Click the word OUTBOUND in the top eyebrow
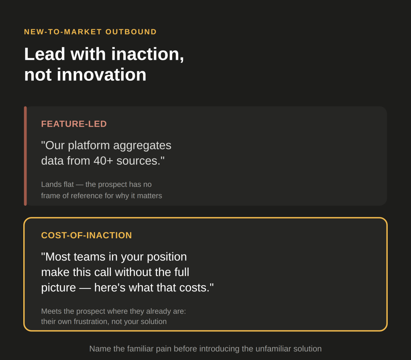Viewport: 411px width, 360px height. click(x=131, y=32)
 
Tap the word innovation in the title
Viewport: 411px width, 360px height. click(x=102, y=75)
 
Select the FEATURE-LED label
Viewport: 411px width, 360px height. click(x=74, y=124)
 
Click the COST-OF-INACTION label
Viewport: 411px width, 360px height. click(x=87, y=235)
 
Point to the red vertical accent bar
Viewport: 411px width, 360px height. click(x=25, y=156)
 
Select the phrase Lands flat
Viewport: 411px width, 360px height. click(x=57, y=184)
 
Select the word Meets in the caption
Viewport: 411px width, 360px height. click(x=51, y=311)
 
